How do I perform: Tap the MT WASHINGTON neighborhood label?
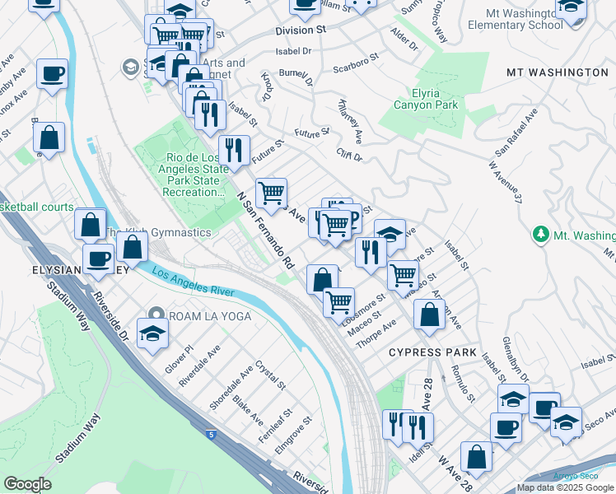pyautogui.click(x=557, y=72)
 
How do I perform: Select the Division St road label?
pyautogui.click(x=295, y=30)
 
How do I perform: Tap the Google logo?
pyautogui.click(x=26, y=484)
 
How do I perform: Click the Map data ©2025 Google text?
pyautogui.click(x=565, y=487)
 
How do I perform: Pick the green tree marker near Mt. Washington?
pyautogui.click(x=540, y=235)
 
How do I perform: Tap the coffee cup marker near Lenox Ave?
pyautogui.click(x=51, y=75)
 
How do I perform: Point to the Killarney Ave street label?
pyautogui.click(x=351, y=119)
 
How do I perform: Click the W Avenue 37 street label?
pyautogui.click(x=506, y=179)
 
